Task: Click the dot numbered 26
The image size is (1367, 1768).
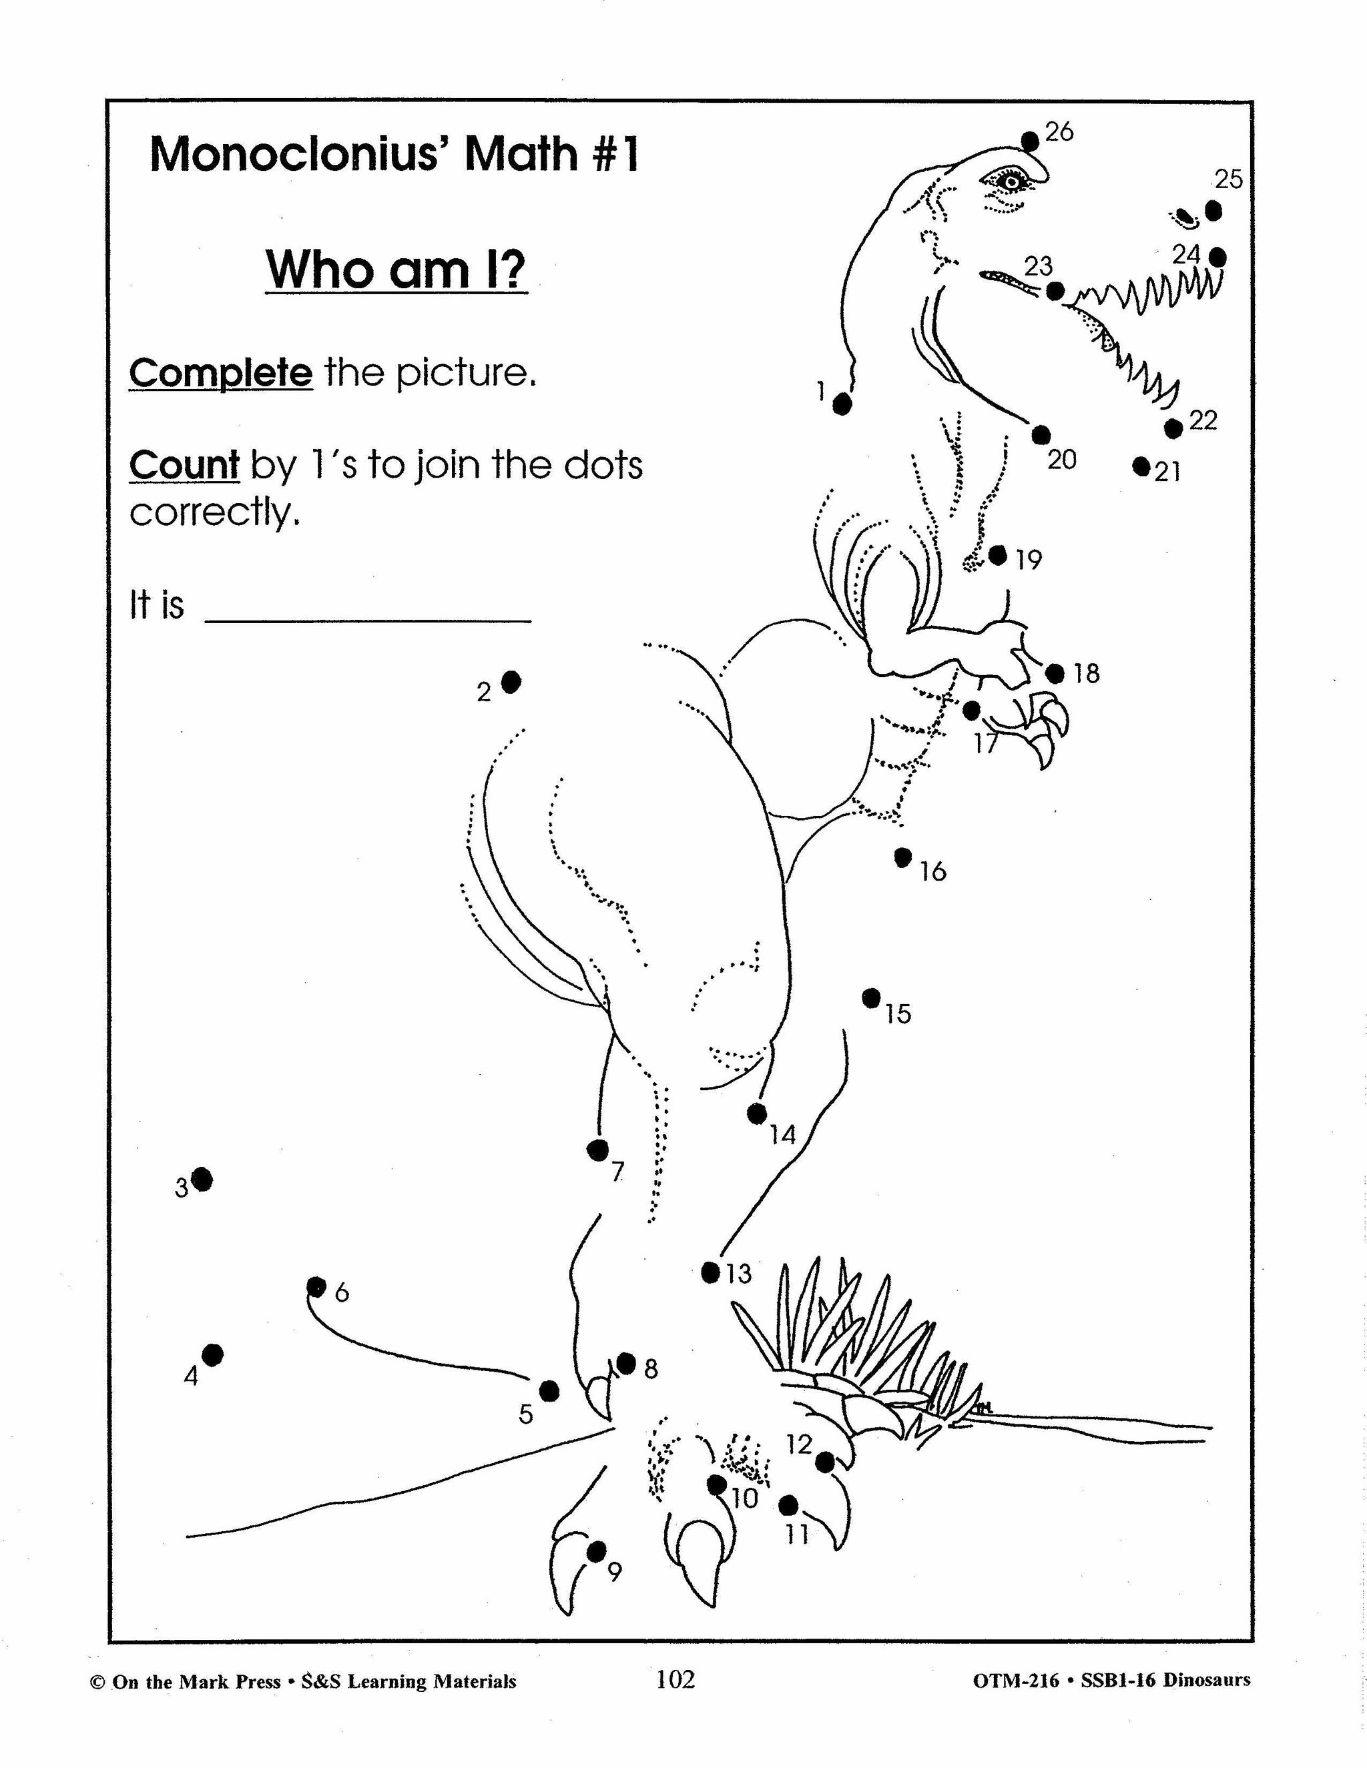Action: tap(1030, 141)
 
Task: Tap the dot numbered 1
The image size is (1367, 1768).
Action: tap(842, 403)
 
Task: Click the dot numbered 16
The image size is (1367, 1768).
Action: tap(904, 857)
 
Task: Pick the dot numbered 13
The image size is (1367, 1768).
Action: tap(710, 1272)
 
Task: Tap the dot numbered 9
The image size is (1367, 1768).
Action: tap(596, 1552)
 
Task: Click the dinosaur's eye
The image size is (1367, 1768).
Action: tap(1011, 182)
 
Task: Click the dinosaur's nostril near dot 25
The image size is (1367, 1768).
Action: tap(1185, 217)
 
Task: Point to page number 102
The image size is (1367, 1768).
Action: tap(675, 1680)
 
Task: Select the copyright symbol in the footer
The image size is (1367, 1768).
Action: tap(97, 1682)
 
